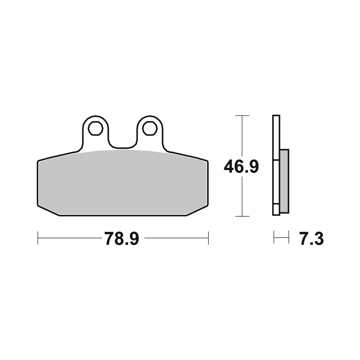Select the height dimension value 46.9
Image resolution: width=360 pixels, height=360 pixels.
[x=241, y=167]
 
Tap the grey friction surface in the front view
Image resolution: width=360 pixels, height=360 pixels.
[x=122, y=184]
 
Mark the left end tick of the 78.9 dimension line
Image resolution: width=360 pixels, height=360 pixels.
[x=38, y=238]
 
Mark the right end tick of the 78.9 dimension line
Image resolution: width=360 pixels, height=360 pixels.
[x=208, y=238]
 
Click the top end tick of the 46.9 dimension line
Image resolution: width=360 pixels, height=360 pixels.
[x=242, y=116]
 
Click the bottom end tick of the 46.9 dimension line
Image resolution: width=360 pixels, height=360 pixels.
[x=242, y=216]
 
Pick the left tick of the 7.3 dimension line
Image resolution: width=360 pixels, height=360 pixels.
[x=274, y=238]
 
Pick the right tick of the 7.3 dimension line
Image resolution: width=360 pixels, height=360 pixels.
[x=289, y=238]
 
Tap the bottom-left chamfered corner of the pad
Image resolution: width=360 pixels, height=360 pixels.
[x=48, y=211]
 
